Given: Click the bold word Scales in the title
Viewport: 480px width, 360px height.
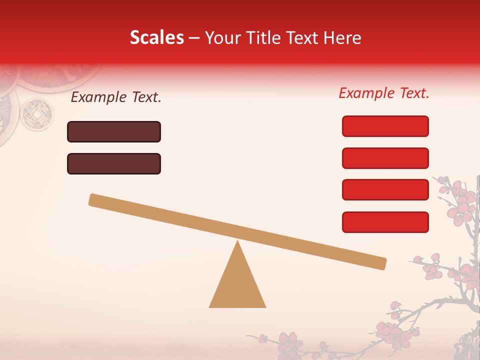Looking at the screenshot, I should click(x=157, y=38).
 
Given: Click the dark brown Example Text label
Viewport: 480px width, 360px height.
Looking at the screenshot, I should click(x=116, y=97).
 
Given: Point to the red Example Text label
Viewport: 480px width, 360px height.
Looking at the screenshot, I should click(x=384, y=93).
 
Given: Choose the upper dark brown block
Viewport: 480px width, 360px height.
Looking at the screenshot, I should click(x=114, y=131).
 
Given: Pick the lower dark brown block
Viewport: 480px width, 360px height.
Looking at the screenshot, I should click(x=114, y=163).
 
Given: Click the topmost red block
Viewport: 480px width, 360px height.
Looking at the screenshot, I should click(x=385, y=126).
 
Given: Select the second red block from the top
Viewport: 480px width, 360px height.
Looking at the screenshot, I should click(x=385, y=158).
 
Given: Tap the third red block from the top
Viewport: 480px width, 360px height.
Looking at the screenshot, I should click(x=385, y=190).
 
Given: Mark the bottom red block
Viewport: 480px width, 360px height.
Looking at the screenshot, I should click(x=385, y=222).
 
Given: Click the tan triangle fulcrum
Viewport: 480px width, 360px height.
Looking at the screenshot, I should click(x=237, y=285).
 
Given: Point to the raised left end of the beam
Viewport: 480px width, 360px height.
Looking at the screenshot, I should click(x=93, y=200).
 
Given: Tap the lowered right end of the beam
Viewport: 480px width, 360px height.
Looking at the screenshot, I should click(x=382, y=263).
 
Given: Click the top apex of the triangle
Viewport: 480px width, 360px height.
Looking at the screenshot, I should click(x=237, y=241).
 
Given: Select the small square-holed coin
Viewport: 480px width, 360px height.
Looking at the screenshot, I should click(x=36, y=113).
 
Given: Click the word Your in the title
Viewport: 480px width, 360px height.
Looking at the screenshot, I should click(x=221, y=38).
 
